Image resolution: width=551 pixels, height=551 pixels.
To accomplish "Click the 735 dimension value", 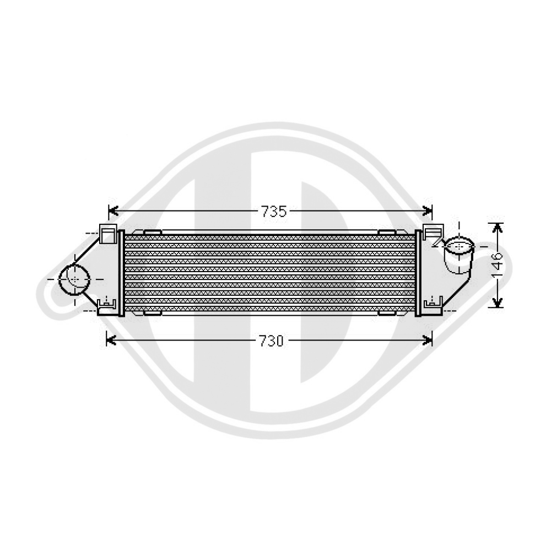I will coord(274,211).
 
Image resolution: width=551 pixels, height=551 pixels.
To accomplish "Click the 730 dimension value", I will coord(272,341).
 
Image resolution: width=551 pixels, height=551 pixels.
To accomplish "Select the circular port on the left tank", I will coord(74,279).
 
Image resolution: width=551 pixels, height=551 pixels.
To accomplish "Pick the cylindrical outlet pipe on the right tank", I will coord(458,256).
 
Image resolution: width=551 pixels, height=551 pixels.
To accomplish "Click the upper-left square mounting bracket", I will coord(107,234).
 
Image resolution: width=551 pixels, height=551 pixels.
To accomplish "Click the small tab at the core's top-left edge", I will coord(152,233).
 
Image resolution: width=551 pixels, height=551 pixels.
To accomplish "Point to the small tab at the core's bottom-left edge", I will coord(152,313).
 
